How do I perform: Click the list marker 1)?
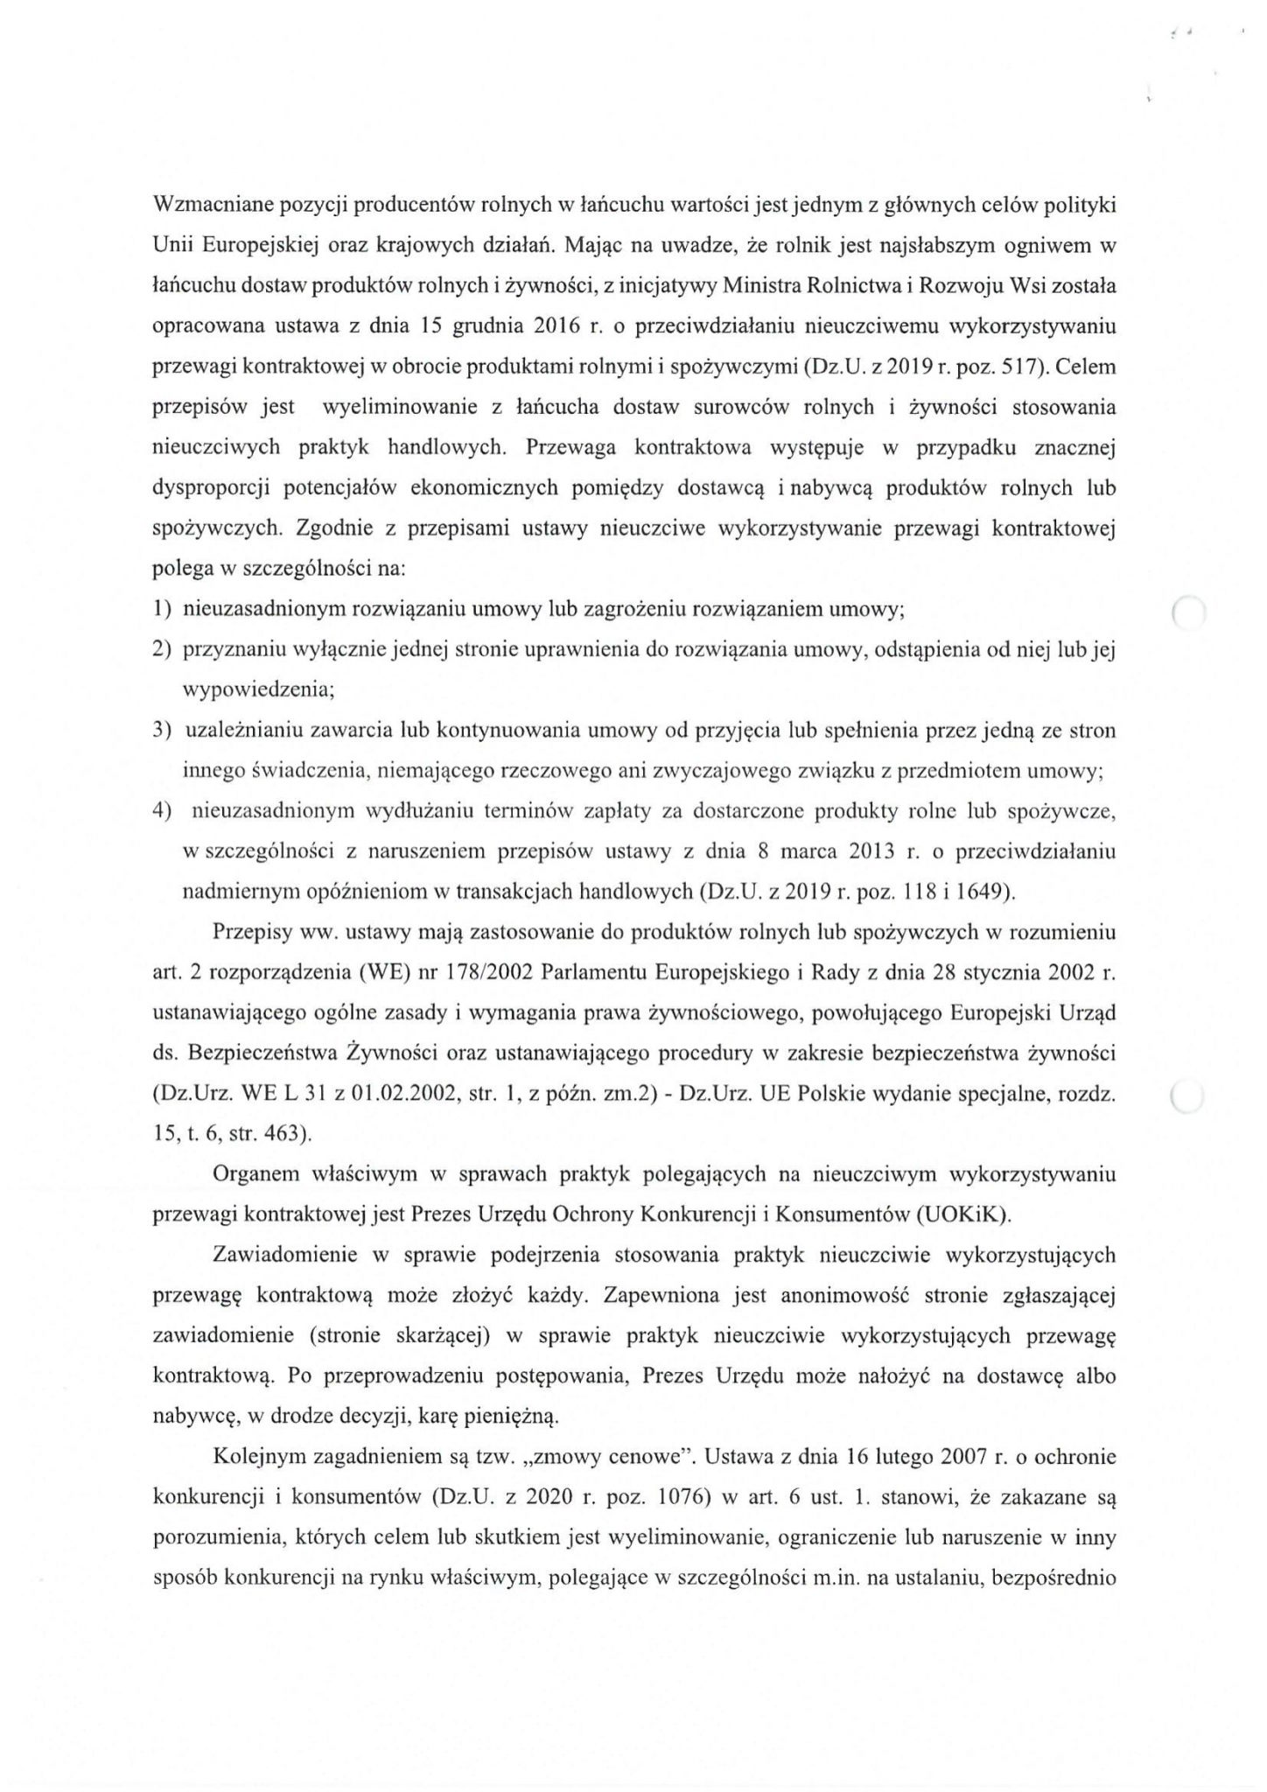pyautogui.click(x=162, y=610)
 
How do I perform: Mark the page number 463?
pyautogui.click(x=284, y=1134)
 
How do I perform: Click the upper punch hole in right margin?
pyautogui.click(x=1188, y=613)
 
